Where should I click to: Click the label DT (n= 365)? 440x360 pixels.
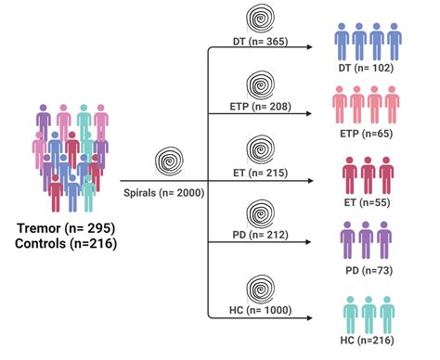pyautogui.click(x=261, y=42)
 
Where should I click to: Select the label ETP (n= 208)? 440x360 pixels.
pyautogui.click(x=261, y=107)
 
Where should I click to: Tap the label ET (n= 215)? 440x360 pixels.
pyautogui.click(x=261, y=173)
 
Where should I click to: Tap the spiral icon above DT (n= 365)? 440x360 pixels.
pyautogui.click(x=261, y=19)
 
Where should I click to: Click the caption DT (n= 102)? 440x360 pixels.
pyautogui.click(x=368, y=68)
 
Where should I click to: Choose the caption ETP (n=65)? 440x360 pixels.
pyautogui.click(x=368, y=133)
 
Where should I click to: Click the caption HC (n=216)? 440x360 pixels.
pyautogui.click(x=368, y=342)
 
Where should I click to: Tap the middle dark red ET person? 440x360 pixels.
pyautogui.click(x=368, y=173)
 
